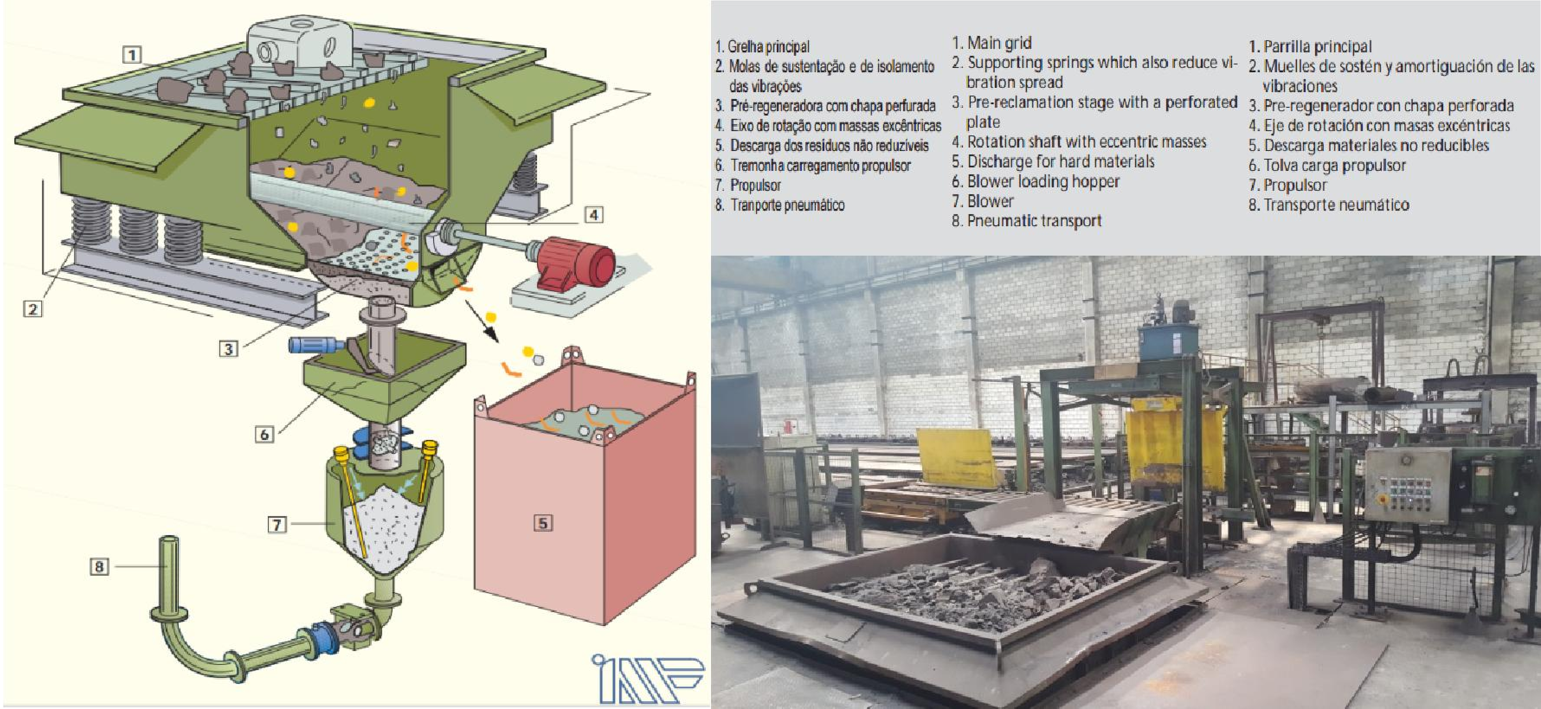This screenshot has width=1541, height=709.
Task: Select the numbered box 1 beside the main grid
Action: click(132, 55)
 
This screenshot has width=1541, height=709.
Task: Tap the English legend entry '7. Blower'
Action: click(982, 201)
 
